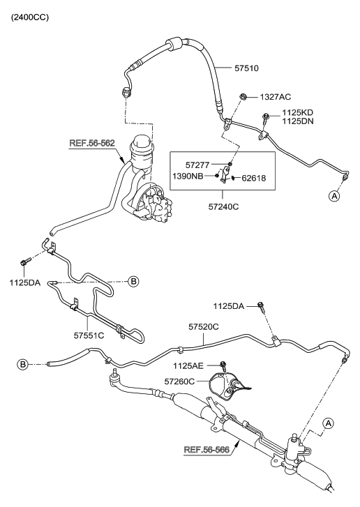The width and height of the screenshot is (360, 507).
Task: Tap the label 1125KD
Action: click(x=299, y=112)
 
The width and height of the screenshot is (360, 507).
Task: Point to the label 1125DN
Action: click(x=299, y=121)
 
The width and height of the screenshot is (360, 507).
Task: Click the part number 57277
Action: click(x=200, y=164)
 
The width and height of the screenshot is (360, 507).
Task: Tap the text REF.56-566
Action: click(x=207, y=449)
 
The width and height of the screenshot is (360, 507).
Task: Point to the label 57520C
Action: click(x=204, y=326)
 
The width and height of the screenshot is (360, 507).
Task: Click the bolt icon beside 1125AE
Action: click(x=223, y=365)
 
